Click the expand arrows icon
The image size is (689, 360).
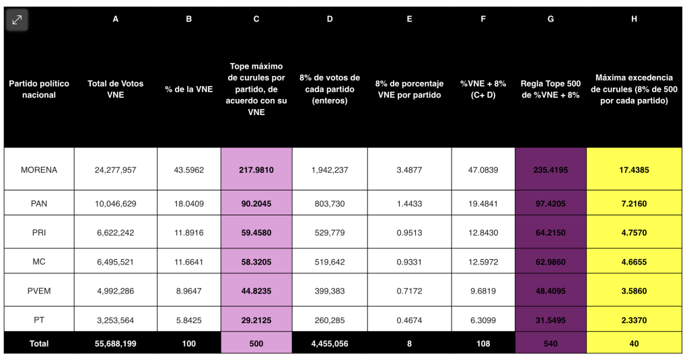tap(17, 20)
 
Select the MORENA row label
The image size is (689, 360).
tap(39, 170)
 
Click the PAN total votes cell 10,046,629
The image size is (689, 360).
tap(116, 203)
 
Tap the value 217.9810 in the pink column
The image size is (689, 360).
tap(256, 170)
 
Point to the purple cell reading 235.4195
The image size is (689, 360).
tap(550, 170)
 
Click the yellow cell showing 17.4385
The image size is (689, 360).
tap(634, 170)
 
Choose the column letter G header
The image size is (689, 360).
tap(550, 19)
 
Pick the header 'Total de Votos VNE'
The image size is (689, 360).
tap(116, 89)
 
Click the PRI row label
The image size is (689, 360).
tap(39, 233)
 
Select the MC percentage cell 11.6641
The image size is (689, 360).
tap(189, 262)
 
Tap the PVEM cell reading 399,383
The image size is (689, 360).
tap(330, 291)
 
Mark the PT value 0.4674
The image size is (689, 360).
tap(410, 320)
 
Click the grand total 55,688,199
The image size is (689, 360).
tap(116, 344)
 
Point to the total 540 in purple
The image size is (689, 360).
tap(550, 344)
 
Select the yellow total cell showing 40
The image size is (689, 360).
tap(634, 344)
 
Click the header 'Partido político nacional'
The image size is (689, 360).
tap(39, 89)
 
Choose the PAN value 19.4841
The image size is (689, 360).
tap(483, 203)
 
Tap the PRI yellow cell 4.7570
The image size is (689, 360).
tap(634, 233)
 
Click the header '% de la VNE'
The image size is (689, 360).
tap(189, 89)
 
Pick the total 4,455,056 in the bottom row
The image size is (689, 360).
tap(330, 344)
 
